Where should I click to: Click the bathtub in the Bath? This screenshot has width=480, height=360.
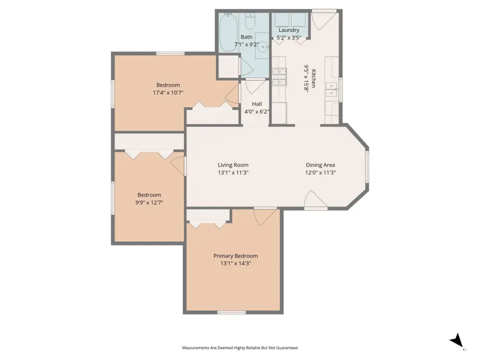(x=228, y=32)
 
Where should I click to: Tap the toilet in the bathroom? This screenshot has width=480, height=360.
(x=250, y=20)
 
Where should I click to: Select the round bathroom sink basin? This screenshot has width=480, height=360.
(x=262, y=47)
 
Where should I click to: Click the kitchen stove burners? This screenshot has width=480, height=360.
(x=279, y=76)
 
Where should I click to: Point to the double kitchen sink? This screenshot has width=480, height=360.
(x=331, y=89)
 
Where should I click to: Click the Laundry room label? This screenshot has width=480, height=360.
(x=288, y=30)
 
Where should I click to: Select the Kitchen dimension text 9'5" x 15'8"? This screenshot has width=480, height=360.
(x=306, y=78)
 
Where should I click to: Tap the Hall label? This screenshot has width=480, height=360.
(x=257, y=104)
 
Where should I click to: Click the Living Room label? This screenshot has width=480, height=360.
(x=233, y=165)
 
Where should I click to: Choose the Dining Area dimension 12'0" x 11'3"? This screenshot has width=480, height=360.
(x=320, y=172)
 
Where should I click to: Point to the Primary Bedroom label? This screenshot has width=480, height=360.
(x=235, y=256)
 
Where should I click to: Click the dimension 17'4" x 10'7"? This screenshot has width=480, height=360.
(x=168, y=92)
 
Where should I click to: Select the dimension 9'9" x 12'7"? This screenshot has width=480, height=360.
(x=149, y=202)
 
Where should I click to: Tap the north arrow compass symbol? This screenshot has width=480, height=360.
(x=457, y=340)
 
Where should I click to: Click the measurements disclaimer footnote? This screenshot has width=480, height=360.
(x=239, y=348)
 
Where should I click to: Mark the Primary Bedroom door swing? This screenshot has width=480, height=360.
(x=265, y=217)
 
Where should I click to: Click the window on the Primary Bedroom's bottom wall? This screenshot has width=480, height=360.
(x=231, y=312)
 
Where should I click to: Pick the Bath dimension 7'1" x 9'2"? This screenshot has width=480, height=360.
(x=246, y=44)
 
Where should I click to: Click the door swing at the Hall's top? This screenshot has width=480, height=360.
(x=254, y=86)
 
